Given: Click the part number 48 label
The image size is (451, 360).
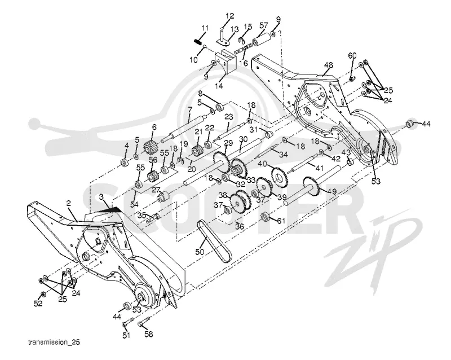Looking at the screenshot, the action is tap(328, 65).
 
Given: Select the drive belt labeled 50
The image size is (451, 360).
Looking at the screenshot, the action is tap(214, 241).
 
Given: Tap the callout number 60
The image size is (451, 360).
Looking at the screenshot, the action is tap(352, 55).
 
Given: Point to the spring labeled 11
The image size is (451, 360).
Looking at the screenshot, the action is tap(197, 42).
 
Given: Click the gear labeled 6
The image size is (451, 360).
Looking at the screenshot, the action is tap(149, 147).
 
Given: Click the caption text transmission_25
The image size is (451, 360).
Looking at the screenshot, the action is tap(54, 342).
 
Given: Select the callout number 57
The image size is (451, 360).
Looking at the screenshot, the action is tap(263, 25).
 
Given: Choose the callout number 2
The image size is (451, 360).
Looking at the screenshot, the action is tap(68, 203).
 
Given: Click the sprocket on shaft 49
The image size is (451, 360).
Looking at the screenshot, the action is tap(312, 185).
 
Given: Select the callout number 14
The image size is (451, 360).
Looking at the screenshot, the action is tap(219, 86).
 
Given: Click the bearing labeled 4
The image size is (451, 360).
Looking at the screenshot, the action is tap(125, 163).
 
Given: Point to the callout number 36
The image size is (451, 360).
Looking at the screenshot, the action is tap(239, 226).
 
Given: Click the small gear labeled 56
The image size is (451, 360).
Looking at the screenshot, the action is tap(153, 175).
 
